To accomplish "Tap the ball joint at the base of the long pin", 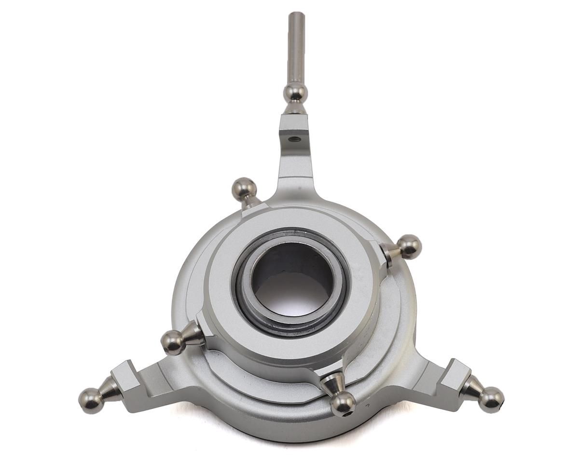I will coord(295,93).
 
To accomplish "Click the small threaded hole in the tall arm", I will coord(293,139).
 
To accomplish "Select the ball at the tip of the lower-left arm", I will coord(90,400).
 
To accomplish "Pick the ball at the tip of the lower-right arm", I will coord(491,399).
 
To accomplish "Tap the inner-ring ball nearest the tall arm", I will coord(244,189).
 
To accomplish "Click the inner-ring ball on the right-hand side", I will coord(409,246).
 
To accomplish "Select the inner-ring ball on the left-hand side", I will coord(173,342).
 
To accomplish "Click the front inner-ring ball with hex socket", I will coord(343,403).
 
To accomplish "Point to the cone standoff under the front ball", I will coord(333,383).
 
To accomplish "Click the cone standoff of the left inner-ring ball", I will coord(193,334).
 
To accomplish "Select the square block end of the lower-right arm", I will coord(455,374).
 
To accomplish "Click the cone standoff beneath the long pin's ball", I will coord(295,109).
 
